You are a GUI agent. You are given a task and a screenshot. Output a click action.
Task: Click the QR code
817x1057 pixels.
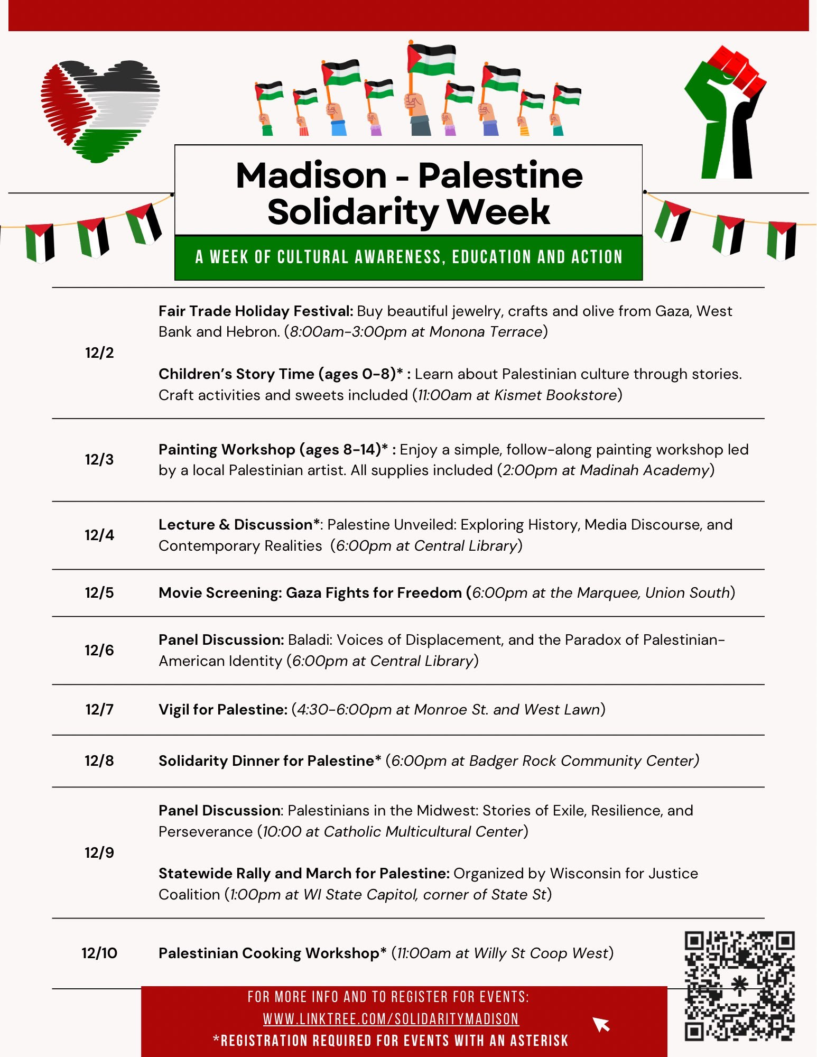coord(739,986)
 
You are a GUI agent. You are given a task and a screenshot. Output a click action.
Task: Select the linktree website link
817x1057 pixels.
coord(391,1018)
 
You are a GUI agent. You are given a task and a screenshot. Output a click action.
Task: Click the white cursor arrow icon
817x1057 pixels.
coord(601,1024)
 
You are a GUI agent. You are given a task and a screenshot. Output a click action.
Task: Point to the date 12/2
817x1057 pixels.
coord(99,353)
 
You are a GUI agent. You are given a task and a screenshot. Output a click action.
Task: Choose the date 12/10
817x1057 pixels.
coord(99,953)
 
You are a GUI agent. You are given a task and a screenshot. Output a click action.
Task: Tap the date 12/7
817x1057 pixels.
coord(99,709)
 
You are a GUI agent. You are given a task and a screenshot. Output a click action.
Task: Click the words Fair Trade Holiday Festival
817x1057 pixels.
coord(255,311)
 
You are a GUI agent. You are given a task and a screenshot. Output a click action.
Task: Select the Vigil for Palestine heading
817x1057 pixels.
coord(222,709)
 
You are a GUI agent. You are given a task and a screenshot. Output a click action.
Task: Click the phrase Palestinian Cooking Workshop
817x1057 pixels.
coord(269,953)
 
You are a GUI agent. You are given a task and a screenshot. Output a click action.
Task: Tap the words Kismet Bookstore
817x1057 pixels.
coord(555,395)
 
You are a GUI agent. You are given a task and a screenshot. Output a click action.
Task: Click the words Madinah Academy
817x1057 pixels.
coord(644,470)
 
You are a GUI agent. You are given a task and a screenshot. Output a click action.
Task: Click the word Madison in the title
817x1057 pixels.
coord(311,175)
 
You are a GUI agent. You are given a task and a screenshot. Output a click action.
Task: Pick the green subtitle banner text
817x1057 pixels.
coord(409,257)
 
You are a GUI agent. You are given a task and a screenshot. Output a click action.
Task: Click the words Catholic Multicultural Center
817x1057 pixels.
coord(423,831)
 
